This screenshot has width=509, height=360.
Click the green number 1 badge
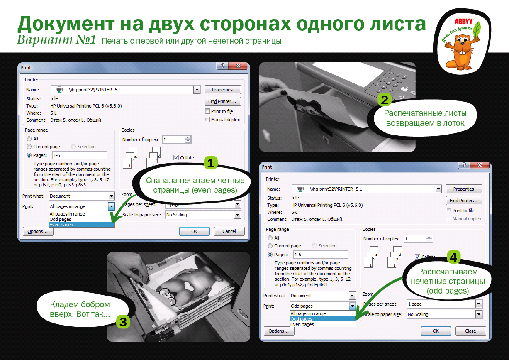(211, 163)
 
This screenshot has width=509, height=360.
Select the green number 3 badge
(123, 321)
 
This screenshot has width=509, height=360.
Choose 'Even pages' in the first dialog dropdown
(61, 225)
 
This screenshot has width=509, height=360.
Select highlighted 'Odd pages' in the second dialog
(302, 319)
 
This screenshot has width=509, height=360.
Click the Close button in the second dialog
(470, 331)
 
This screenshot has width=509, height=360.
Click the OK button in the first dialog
(194, 231)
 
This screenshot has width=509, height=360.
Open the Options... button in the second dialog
(278, 331)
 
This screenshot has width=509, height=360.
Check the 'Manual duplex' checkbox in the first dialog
(207, 120)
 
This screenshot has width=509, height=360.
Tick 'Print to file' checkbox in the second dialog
(448, 211)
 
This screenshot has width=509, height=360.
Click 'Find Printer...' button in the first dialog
(222, 101)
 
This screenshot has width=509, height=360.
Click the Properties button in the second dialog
(463, 189)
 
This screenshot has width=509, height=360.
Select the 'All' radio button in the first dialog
(29, 139)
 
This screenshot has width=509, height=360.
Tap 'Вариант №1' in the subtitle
(57, 40)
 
